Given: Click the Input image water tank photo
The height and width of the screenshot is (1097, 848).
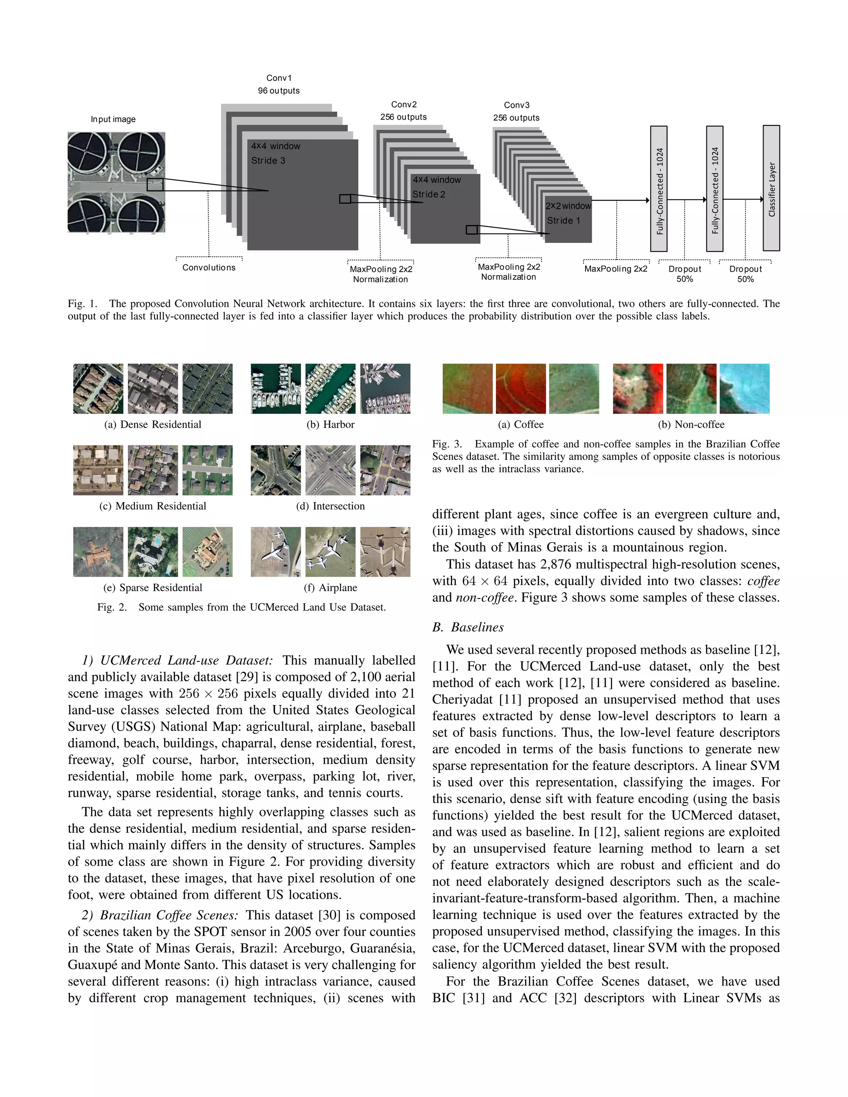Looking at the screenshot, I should [x=116, y=182].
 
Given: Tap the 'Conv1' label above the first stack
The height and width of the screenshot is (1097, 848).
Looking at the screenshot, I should [x=279, y=78].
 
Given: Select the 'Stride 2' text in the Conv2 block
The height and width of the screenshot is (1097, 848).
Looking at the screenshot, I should [x=429, y=195].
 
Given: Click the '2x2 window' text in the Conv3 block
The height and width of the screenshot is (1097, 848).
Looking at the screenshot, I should [x=568, y=206].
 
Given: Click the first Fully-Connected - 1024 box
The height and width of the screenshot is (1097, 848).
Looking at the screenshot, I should [x=659, y=188].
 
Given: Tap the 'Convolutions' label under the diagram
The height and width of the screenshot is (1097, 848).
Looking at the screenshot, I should [x=209, y=268].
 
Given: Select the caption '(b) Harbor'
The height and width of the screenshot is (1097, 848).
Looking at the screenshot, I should [x=330, y=424].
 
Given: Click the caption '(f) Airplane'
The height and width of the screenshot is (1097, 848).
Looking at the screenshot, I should [x=330, y=588].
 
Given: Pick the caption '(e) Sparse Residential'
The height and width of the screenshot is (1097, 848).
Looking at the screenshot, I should [x=152, y=588].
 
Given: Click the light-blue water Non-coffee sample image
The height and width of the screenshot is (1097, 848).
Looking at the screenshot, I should [x=744, y=389].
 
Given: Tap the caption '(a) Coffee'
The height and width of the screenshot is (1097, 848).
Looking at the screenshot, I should [x=520, y=424].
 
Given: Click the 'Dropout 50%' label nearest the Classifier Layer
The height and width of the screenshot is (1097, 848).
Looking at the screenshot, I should [x=745, y=274].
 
